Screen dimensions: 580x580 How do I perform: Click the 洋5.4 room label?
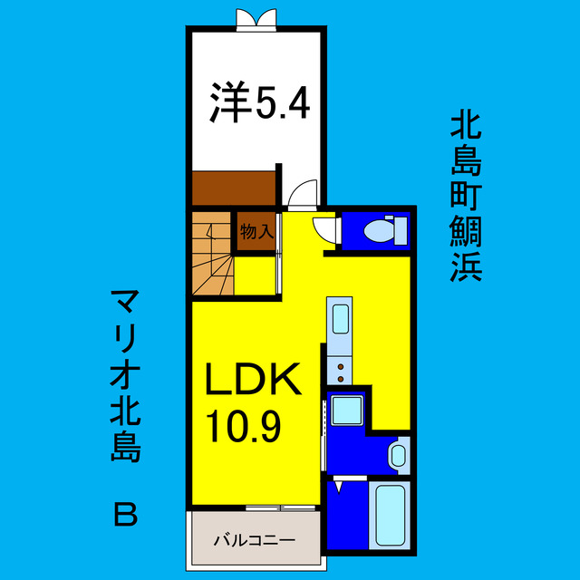260,102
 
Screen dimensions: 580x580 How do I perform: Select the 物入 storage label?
256,231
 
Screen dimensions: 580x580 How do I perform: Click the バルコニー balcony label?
254,540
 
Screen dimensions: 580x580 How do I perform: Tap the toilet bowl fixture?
380,232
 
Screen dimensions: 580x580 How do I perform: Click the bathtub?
391,517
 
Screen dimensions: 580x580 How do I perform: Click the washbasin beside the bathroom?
398,454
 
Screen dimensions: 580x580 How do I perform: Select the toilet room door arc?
324,227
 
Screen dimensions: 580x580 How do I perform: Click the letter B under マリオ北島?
127,515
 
